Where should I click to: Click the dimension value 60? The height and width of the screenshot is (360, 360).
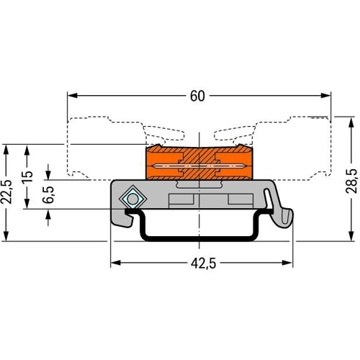coord(197,96)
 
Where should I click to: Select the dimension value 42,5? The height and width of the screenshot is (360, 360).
coord(204,264)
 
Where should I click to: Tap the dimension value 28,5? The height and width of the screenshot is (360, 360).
coord(351,181)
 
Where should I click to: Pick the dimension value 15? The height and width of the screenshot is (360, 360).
coord(27,177)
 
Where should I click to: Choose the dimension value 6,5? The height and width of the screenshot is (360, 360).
coord(48,194)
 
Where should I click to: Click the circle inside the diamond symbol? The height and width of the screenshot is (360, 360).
coord(132,199)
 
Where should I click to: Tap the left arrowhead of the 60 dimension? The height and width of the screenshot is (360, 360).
coord(73,96)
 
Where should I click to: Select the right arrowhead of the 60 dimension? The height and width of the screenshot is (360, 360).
coord(325,96)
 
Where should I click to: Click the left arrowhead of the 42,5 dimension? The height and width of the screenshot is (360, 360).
coord(115,263)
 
